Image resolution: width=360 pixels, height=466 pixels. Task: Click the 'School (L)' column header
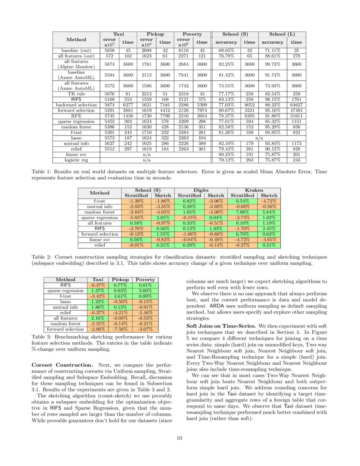(283, 34)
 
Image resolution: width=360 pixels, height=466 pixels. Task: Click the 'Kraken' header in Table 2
(254, 191)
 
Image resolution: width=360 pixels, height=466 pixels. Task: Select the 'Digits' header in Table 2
(201, 191)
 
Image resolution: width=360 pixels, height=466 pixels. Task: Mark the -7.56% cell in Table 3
(120, 329)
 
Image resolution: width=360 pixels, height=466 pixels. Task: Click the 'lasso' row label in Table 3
(65, 302)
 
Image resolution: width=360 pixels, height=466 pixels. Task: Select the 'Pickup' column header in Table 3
(120, 280)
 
